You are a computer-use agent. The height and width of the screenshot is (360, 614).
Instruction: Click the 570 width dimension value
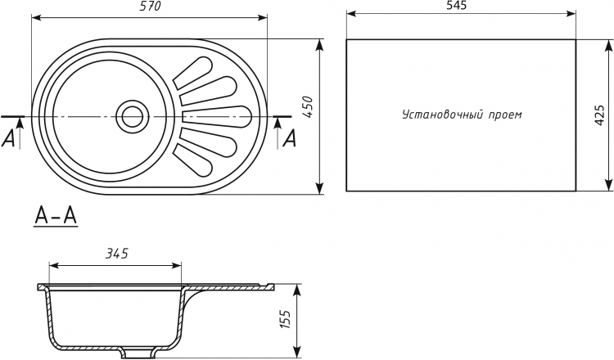click(151, 7)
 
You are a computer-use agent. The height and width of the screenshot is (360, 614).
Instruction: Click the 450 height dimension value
click(309, 108)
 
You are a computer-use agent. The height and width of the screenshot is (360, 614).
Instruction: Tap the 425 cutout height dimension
click(599, 115)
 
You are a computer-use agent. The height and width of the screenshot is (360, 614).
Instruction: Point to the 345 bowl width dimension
click(116, 254)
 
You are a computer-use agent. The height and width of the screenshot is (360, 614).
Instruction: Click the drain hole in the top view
click(133, 116)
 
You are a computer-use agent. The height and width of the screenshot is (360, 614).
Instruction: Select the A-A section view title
click(56, 216)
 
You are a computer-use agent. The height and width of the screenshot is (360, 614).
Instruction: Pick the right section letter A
click(289, 138)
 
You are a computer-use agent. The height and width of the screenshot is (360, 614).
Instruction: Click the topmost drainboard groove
click(193, 72)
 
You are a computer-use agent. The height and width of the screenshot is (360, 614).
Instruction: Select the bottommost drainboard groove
click(193, 161)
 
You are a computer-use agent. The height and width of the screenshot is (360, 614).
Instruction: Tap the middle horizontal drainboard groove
click(217, 116)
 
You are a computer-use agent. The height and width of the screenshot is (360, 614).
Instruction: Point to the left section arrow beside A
click(20, 133)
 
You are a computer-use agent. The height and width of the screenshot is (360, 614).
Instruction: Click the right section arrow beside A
click(278, 133)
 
